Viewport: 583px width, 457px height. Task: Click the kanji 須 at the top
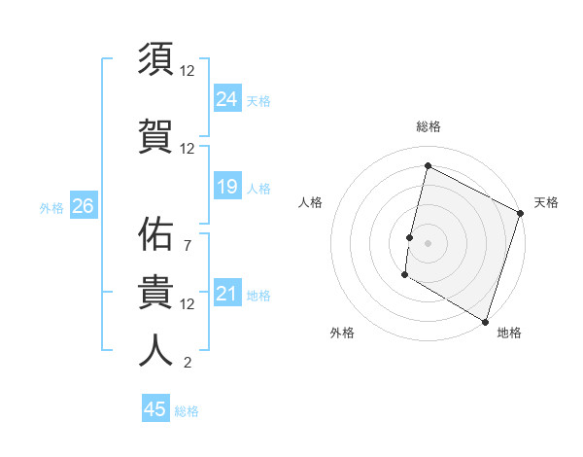(156, 59)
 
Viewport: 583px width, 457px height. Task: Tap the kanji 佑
(156, 234)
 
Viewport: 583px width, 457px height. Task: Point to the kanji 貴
(156, 293)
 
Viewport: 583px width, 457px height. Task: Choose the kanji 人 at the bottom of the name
(156, 351)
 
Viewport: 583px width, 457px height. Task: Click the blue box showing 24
(226, 98)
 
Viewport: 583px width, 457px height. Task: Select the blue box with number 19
(226, 187)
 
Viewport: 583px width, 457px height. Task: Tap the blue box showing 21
(226, 294)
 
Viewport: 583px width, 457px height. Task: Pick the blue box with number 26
(83, 206)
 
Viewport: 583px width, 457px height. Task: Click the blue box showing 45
(155, 409)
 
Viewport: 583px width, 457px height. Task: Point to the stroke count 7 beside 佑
(187, 246)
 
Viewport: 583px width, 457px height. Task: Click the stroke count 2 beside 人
(187, 364)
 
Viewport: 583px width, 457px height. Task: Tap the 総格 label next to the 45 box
(188, 411)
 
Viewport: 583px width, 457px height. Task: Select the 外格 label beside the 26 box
(51, 207)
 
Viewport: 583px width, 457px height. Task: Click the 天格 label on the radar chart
(546, 202)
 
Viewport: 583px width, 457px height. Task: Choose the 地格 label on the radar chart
(509, 333)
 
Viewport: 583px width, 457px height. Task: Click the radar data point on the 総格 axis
(428, 166)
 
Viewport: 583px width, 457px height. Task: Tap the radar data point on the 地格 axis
(484, 321)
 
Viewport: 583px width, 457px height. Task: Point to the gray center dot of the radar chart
(428, 242)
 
